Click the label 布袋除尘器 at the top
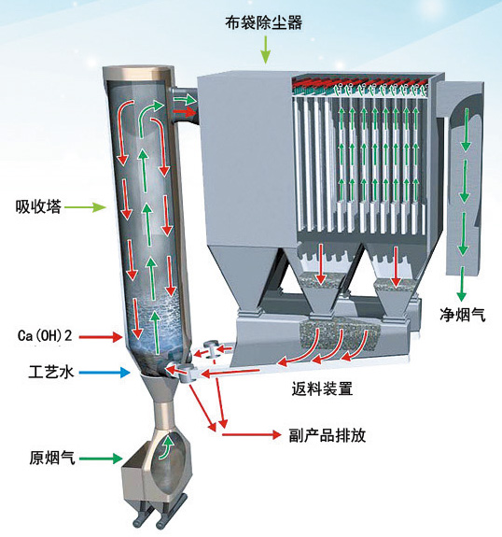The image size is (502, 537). [263, 22]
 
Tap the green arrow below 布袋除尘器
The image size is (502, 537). [265, 50]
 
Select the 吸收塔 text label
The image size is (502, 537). [38, 206]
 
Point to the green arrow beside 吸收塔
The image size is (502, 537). [85, 206]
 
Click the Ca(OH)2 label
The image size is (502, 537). [45, 335]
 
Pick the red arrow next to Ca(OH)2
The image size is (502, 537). [101, 336]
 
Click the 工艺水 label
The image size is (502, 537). [51, 372]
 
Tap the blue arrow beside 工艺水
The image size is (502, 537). [105, 373]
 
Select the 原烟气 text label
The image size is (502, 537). [52, 458]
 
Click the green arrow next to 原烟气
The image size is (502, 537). [101, 459]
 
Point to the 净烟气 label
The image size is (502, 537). [463, 315]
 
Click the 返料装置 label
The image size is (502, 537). [322, 389]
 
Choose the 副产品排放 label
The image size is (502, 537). [328, 435]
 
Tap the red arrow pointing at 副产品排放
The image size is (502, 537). [252, 434]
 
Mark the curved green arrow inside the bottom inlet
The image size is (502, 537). [167, 446]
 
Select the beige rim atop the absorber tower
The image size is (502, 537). [139, 72]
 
